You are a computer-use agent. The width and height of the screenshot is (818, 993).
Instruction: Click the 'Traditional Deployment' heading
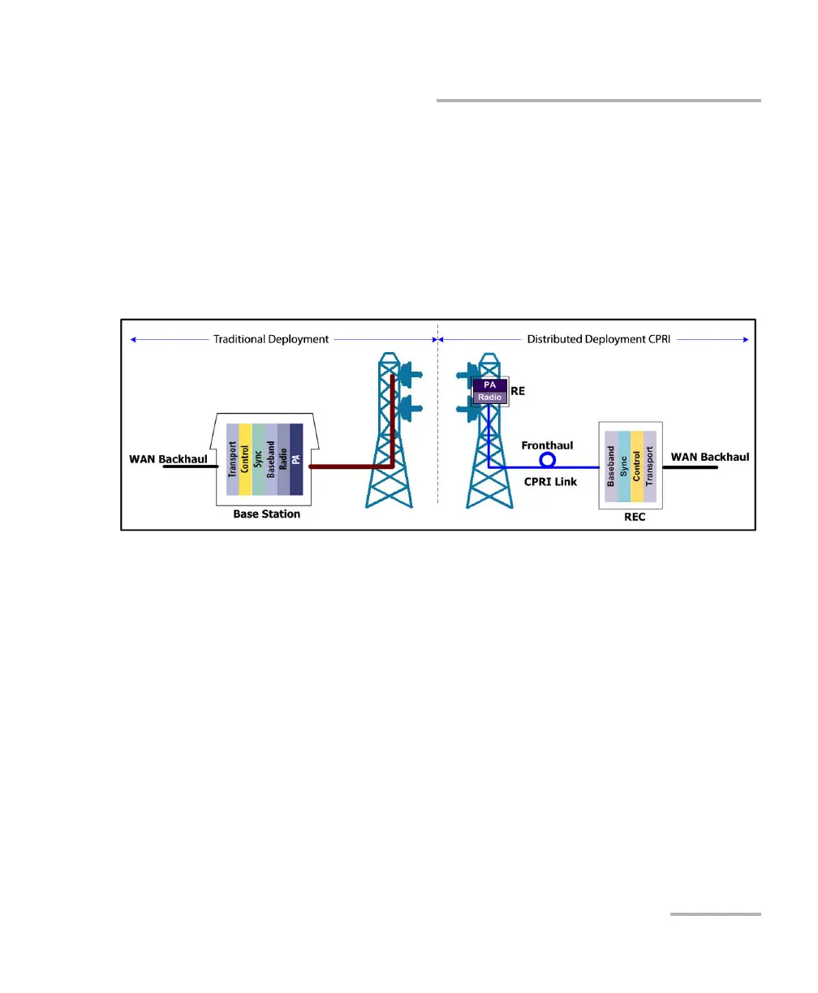pos(271,339)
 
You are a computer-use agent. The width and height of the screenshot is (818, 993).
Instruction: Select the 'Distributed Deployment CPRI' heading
pos(599,339)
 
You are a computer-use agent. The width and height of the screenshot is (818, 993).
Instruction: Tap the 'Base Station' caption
pos(266,514)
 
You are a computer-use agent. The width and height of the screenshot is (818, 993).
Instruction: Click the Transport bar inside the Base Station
pos(233,458)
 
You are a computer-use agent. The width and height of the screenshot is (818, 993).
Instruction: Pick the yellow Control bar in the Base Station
pos(245,458)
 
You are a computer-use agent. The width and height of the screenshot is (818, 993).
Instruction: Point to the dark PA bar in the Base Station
pos(296,458)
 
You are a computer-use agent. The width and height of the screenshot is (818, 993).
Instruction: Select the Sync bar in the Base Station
pos(258,458)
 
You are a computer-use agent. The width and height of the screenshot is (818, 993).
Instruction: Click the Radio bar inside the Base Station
pos(283,458)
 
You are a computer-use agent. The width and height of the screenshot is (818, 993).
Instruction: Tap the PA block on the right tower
pos(490,385)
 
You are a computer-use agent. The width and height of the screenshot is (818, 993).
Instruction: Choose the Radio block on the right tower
pos(490,397)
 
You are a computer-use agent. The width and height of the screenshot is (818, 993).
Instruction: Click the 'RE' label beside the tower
pos(518,391)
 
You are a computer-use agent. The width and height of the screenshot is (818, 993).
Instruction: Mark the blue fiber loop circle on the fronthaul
pos(548,460)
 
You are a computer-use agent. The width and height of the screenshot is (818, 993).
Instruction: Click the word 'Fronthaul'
pos(547,445)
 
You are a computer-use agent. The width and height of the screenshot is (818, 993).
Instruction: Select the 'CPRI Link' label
pos(550,481)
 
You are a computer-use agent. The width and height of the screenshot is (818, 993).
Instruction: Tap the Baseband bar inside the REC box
pos(611,466)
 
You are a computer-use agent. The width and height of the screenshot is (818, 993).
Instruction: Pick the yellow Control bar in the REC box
pos(637,466)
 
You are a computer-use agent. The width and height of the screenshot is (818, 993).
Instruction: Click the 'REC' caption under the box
pos(635,517)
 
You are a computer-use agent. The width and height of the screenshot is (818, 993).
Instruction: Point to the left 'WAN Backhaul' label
pos(168,459)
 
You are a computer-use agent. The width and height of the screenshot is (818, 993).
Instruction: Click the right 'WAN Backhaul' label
pos(709,457)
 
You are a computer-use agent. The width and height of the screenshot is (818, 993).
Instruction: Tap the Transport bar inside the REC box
pos(649,466)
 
